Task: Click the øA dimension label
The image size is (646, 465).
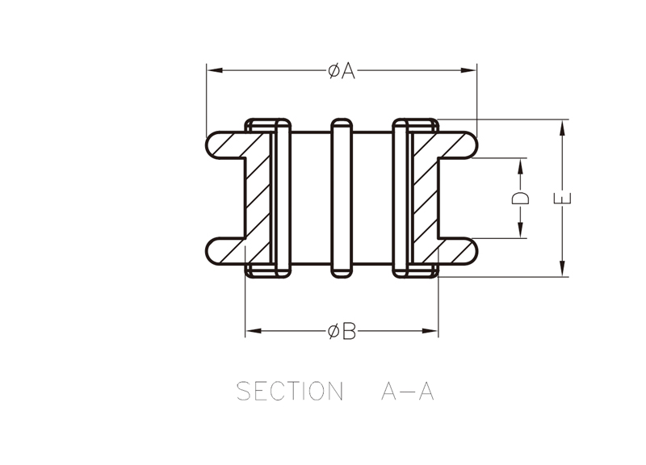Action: pos(342,71)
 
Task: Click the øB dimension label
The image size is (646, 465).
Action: pos(342,331)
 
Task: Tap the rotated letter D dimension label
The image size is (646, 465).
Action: pos(520,198)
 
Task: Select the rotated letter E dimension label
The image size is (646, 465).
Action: pos(562,198)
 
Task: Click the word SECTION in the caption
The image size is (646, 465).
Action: pos(290,391)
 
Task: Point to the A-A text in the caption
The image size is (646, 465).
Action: pos(408,392)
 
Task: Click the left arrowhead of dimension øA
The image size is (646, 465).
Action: pos(215,70)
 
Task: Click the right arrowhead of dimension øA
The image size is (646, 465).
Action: pos(468,70)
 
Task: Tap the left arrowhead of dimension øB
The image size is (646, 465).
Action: pos(254,331)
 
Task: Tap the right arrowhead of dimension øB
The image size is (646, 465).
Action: pos(430,331)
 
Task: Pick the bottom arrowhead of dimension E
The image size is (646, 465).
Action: pos(562,269)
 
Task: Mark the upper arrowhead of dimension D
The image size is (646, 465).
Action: pos(520,166)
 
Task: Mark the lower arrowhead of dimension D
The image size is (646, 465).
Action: pos(520,230)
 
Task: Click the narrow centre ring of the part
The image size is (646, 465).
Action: pos(342,198)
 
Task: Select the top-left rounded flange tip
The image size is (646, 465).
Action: pos(212,145)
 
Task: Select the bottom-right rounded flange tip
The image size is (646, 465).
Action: pos(471,251)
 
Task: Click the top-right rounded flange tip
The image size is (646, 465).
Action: pos(471,145)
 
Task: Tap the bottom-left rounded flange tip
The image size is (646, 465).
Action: pos(212,251)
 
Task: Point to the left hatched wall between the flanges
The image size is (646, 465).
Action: pos(258,198)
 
